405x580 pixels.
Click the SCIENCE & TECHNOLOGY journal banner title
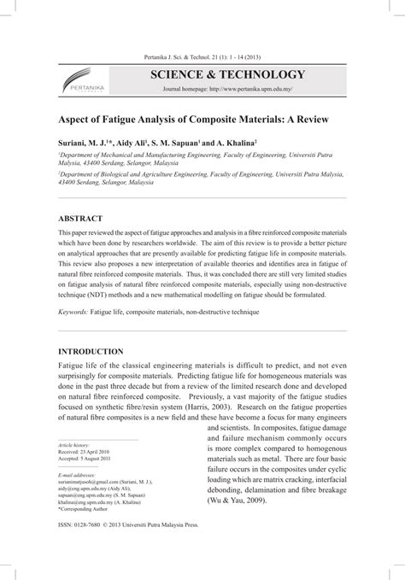click(226, 74)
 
